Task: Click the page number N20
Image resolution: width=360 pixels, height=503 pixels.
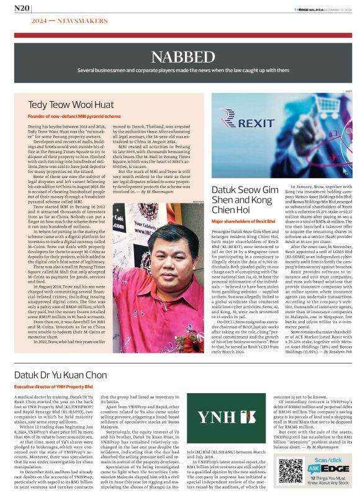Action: coord(22,9)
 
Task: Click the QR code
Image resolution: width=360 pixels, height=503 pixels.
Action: coord(290,471)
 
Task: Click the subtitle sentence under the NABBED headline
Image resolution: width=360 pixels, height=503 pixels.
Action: coord(180,70)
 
